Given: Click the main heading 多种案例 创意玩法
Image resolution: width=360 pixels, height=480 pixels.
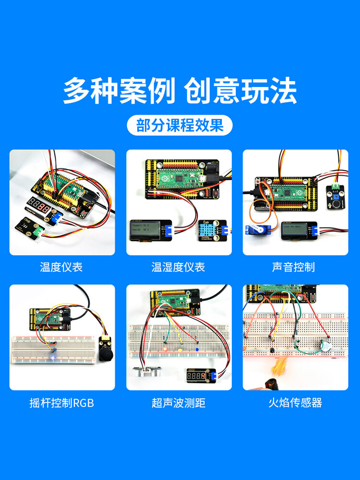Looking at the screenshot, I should click(x=180, y=91).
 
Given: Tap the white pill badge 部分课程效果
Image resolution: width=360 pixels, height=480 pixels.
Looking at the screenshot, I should click(x=180, y=126).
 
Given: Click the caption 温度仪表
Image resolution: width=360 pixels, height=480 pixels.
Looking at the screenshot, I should click(x=61, y=267).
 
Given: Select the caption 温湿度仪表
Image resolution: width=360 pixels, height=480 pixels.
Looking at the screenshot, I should click(x=178, y=267).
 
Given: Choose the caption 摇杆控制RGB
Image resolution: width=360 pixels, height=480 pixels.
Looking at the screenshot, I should click(x=61, y=403).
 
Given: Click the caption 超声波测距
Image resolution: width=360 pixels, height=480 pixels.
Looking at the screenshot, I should click(x=178, y=403).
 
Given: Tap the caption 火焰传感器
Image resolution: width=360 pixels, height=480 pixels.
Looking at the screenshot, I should click(x=295, y=403).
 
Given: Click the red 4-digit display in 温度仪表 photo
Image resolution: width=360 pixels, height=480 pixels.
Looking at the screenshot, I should click(x=38, y=206).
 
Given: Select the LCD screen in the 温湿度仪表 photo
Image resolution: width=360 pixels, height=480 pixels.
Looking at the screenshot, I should click(x=145, y=231).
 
